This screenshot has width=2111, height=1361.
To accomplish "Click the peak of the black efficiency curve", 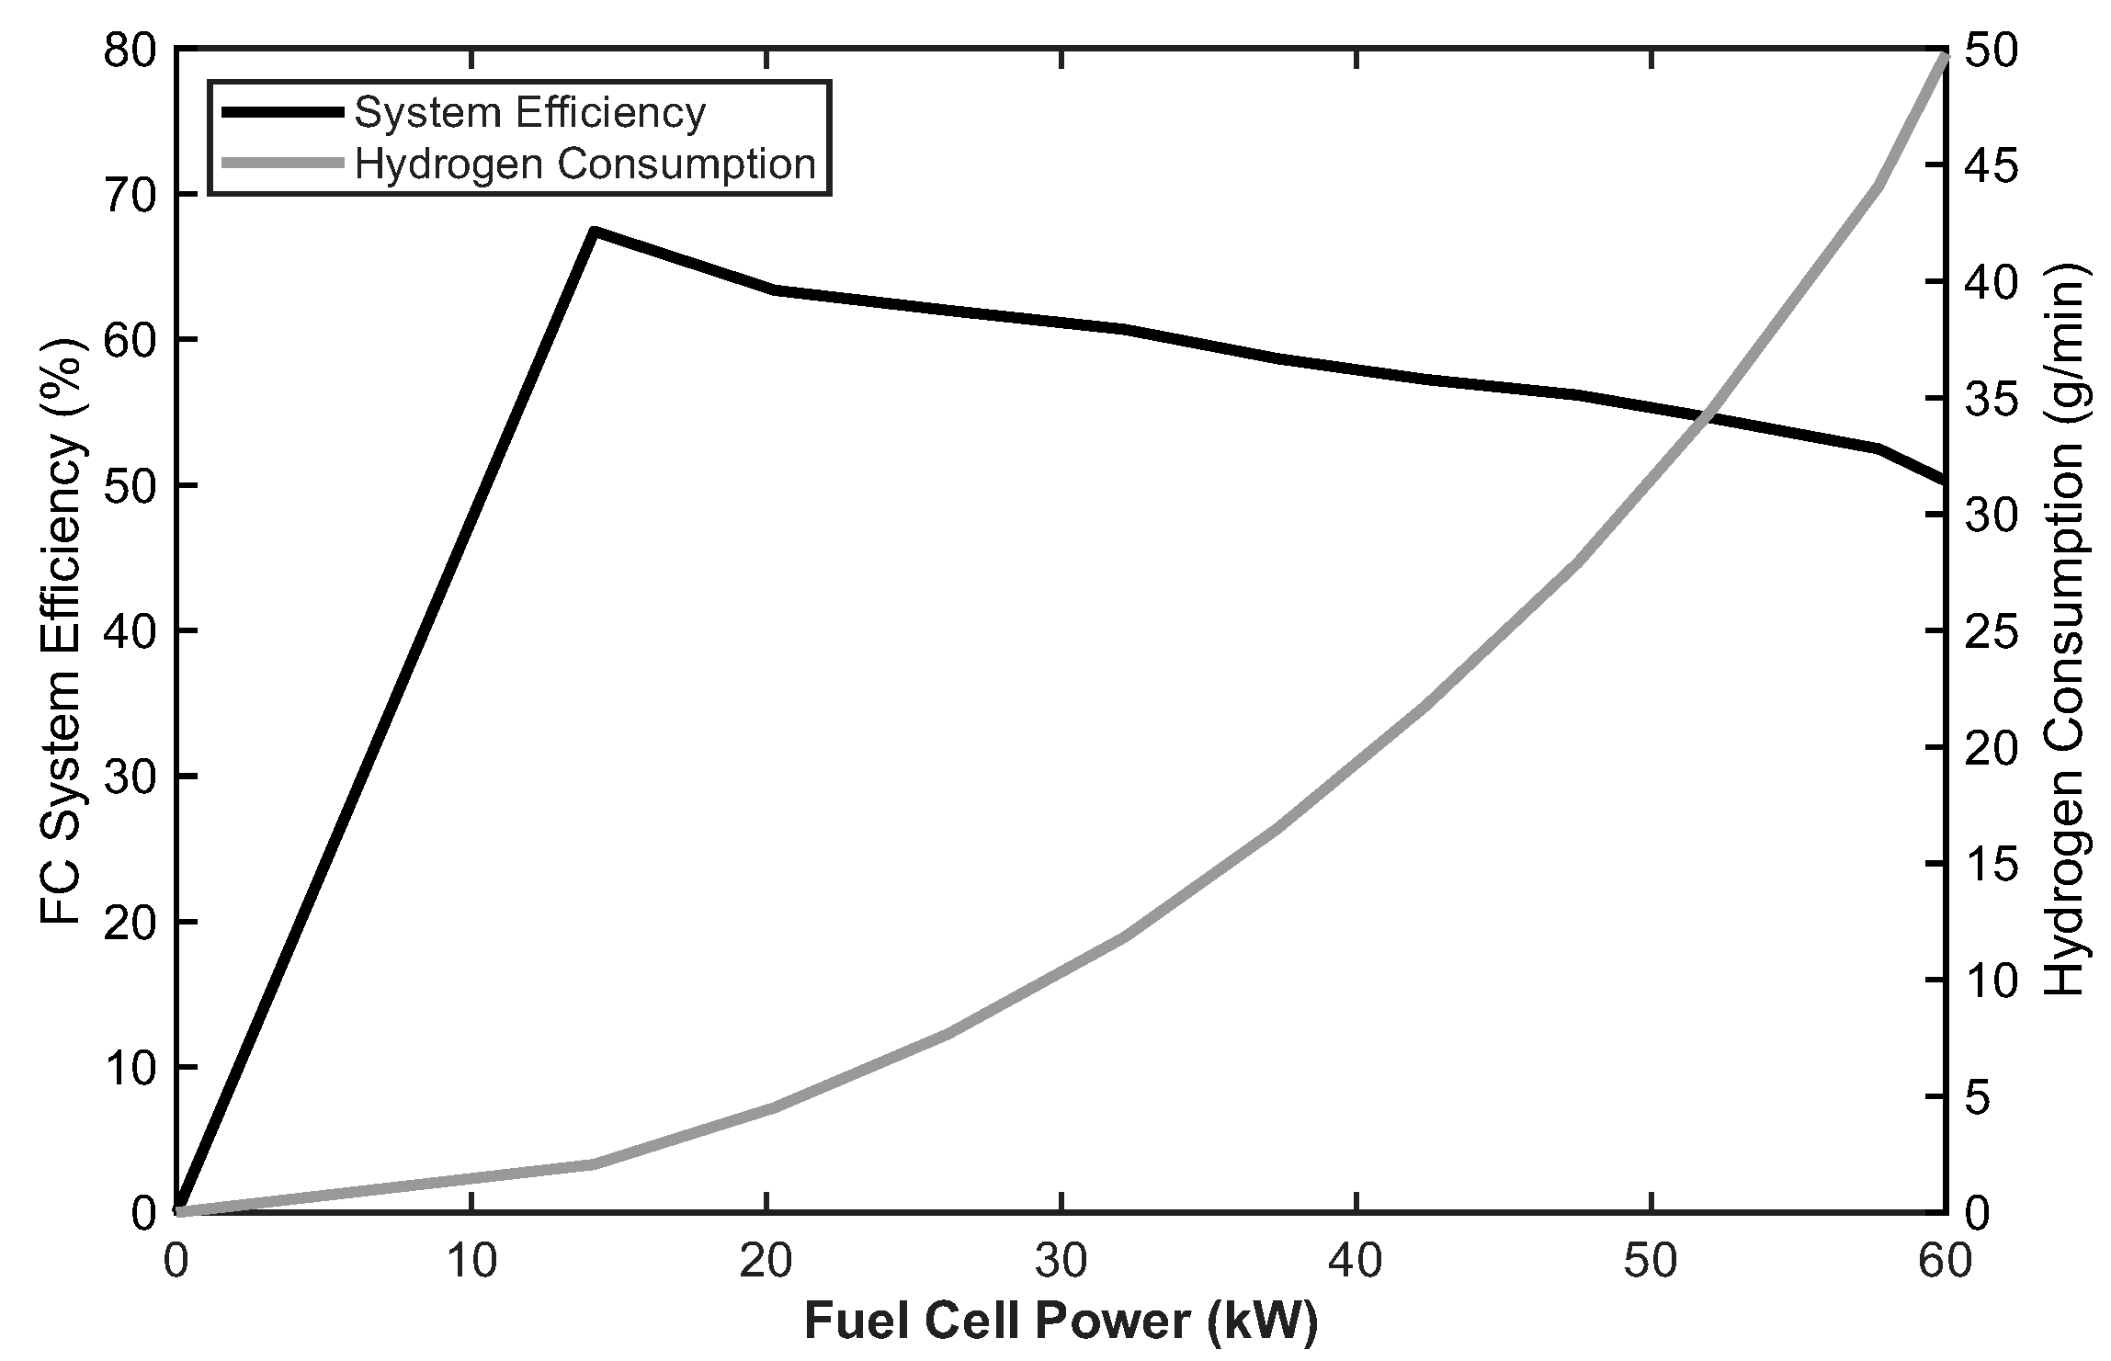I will (595, 231).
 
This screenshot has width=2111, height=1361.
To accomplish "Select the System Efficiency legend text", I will (530, 112).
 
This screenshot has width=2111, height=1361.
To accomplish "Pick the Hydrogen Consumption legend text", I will (585, 164).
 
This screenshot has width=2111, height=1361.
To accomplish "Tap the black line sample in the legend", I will (282, 112).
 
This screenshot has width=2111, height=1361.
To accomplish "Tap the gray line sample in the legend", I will (282, 164).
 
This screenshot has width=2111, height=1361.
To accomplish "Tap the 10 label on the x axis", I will (471, 1262).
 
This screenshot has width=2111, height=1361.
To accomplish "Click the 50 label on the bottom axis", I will (1651, 1262).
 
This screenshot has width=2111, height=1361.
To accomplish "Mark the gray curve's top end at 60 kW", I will (1945, 55).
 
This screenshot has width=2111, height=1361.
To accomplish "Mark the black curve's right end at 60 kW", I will (1944, 480).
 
